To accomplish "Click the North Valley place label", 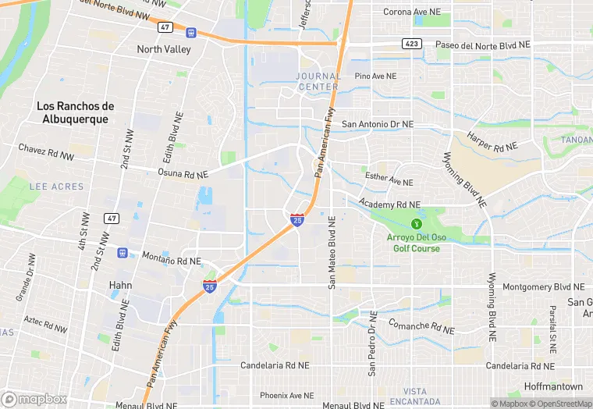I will point(164,48).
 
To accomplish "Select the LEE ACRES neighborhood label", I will point(56,187).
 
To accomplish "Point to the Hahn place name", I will point(120,285).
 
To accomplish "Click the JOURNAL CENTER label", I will point(318,80).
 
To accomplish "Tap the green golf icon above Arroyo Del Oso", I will point(415,223).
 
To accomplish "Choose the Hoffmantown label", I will point(552,386).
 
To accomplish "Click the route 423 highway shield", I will point(413,44).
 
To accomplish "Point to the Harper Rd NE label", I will point(492,141).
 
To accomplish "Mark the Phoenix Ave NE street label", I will point(286,395).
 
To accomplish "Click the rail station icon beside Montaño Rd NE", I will point(122,253).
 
